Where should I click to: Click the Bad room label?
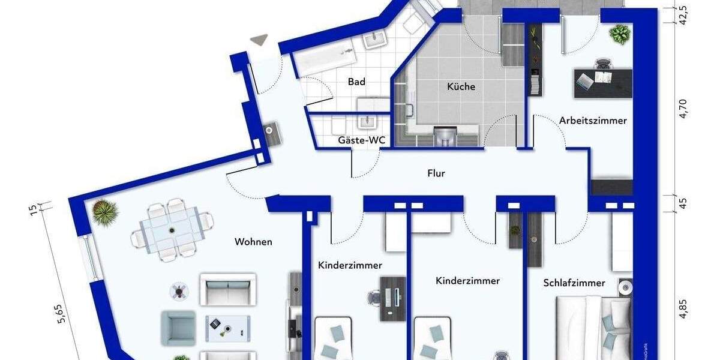(356, 82)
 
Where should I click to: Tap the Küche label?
(461, 86)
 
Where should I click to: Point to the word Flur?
(436, 173)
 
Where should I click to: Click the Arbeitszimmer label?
(593, 121)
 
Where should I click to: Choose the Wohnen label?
(253, 242)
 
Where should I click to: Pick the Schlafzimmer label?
(574, 283)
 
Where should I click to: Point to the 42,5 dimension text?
(683, 13)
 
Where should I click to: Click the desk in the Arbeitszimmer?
(603, 82)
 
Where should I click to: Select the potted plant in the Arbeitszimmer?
(619, 34)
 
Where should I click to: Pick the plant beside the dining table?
(106, 212)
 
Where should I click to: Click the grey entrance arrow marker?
(259, 40)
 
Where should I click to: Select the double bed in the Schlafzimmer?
(594, 327)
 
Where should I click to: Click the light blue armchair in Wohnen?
(178, 328)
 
